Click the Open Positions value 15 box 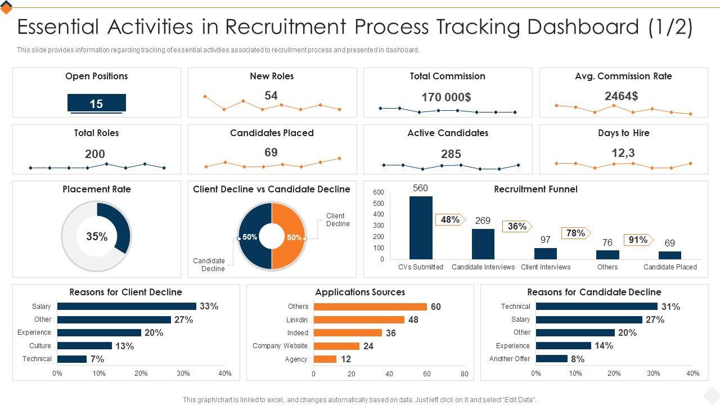(x=96, y=103)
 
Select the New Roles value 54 (x=271, y=96)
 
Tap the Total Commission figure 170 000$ (x=447, y=97)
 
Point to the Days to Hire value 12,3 (x=623, y=152)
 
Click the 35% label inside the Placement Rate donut (x=97, y=237)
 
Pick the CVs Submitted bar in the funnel (x=421, y=227)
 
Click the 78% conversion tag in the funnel (x=575, y=233)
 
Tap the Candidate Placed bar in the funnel (x=670, y=255)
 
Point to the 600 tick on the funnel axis (x=378, y=192)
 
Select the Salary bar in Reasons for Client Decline (x=127, y=307)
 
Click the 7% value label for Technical (x=97, y=359)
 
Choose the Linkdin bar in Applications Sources (x=359, y=319)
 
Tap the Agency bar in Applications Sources (x=325, y=359)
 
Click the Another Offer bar (x=551, y=359)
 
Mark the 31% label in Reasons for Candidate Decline (x=671, y=307)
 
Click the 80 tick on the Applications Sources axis (x=464, y=373)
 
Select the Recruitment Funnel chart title (x=535, y=189)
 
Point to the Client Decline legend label (x=338, y=220)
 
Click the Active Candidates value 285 (x=451, y=154)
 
